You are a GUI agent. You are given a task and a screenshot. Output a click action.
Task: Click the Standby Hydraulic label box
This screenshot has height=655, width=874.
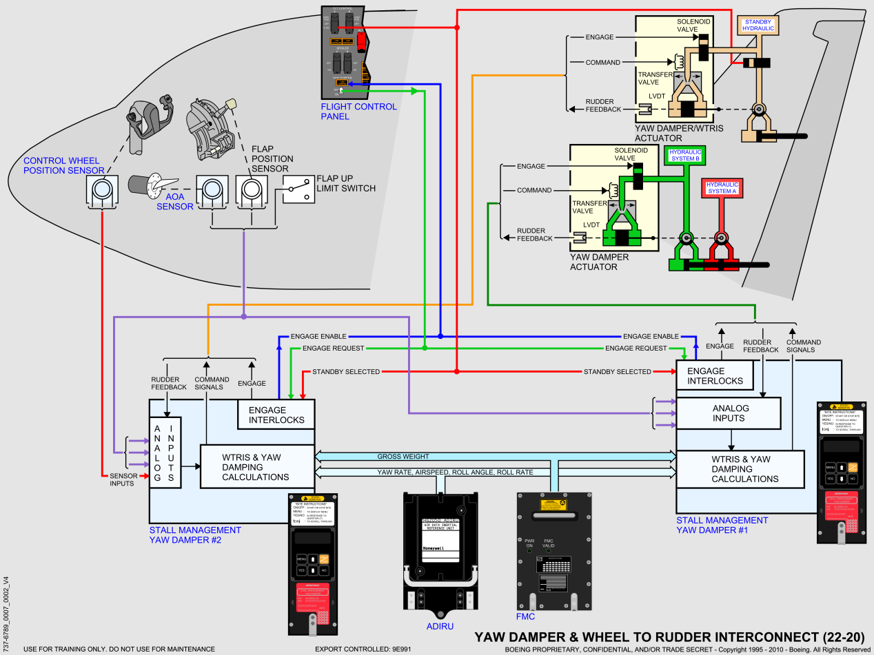(x=758, y=25)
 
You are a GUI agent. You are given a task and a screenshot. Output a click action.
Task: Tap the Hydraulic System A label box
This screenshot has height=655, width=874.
(x=722, y=188)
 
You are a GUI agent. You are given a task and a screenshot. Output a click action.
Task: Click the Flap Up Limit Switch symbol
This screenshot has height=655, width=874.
(x=298, y=189)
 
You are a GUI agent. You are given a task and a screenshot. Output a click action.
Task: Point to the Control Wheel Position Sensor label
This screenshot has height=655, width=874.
(x=63, y=165)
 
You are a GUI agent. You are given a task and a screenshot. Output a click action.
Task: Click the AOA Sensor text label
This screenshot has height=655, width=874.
(x=174, y=201)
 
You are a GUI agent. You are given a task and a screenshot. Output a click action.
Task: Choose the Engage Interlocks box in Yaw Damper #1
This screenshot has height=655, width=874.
(x=715, y=375)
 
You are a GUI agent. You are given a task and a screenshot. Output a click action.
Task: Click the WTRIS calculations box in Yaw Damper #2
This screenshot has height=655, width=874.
(x=256, y=467)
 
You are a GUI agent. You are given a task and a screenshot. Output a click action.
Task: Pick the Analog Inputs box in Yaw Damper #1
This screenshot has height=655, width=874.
(x=729, y=413)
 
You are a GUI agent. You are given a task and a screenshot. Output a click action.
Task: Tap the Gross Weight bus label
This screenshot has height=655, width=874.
(x=403, y=457)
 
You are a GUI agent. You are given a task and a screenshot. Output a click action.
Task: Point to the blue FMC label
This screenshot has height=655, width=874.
(x=525, y=616)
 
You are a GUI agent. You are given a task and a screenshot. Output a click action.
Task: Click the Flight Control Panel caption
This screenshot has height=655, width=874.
(x=358, y=112)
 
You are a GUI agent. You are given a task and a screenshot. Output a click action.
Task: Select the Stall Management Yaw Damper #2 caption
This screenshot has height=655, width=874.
(x=195, y=535)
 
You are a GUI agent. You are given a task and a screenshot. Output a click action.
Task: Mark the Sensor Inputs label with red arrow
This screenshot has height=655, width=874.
(x=124, y=479)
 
